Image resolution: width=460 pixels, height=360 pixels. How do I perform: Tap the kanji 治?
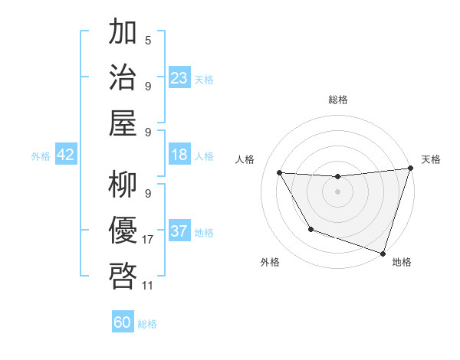tap(123, 77)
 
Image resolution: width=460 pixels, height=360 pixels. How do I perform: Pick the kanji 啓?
tap(123, 275)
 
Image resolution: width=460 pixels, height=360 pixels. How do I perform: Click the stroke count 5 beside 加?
tap(147, 40)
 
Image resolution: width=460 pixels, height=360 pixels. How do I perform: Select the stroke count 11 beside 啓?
tap(147, 285)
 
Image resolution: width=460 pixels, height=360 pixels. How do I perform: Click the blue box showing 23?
tap(179, 78)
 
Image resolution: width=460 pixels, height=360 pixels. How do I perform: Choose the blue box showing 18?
tap(179, 155)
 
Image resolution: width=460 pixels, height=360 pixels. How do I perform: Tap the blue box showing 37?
tap(179, 232)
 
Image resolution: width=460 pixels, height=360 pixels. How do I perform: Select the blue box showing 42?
tap(66, 155)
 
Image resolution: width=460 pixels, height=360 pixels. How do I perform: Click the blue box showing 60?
tap(123, 323)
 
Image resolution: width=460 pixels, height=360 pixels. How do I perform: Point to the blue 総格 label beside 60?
tap(147, 324)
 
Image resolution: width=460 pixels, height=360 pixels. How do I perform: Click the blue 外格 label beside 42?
tap(41, 156)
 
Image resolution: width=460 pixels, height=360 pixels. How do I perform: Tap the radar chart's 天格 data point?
tap(410, 169)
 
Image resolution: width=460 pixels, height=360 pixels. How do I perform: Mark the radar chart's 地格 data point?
tap(382, 253)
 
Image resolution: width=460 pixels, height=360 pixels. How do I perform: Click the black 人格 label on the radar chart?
tap(245, 159)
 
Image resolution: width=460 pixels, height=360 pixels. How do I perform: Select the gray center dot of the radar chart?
tap(337, 191)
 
